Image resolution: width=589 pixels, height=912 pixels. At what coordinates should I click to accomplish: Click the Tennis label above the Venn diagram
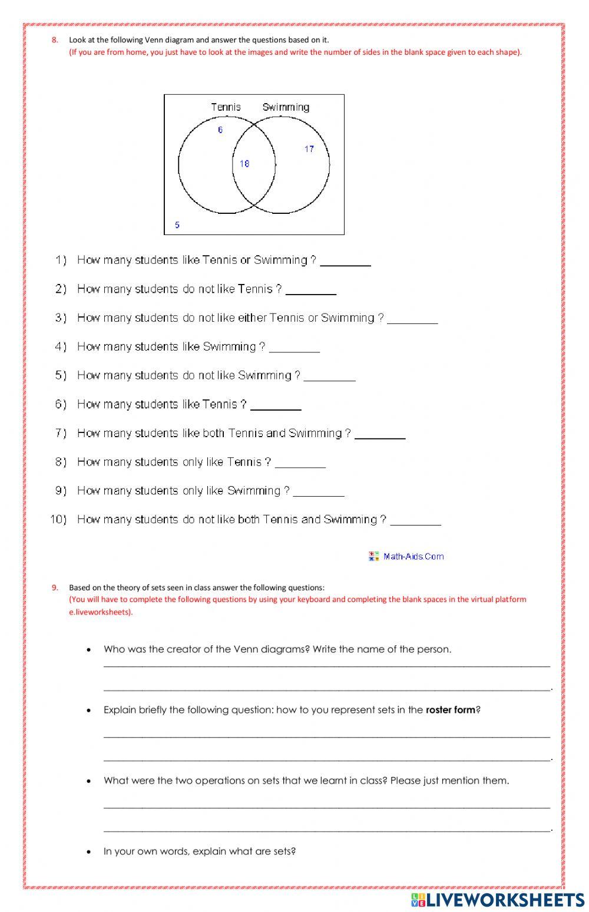226,107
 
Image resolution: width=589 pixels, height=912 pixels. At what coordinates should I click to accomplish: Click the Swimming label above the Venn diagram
286,107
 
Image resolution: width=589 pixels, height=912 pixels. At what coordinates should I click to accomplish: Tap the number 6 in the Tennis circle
220,130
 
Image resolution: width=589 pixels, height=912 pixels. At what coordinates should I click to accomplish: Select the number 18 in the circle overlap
244,164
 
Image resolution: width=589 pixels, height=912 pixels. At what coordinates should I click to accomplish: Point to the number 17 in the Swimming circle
309,149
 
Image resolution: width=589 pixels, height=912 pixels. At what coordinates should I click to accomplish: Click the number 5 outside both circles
177,225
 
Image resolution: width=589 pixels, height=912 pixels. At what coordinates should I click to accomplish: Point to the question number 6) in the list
61,404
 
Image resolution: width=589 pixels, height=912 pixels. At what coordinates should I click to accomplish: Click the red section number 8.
55,40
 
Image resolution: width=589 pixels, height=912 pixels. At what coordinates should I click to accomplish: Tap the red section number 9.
55,587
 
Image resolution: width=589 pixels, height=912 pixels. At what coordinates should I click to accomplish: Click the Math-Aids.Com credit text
413,556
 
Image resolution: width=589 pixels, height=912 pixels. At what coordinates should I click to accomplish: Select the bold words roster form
451,710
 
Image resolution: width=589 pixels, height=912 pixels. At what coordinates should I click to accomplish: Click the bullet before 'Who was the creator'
89,650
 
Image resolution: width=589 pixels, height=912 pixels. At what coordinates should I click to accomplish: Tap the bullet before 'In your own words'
89,852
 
